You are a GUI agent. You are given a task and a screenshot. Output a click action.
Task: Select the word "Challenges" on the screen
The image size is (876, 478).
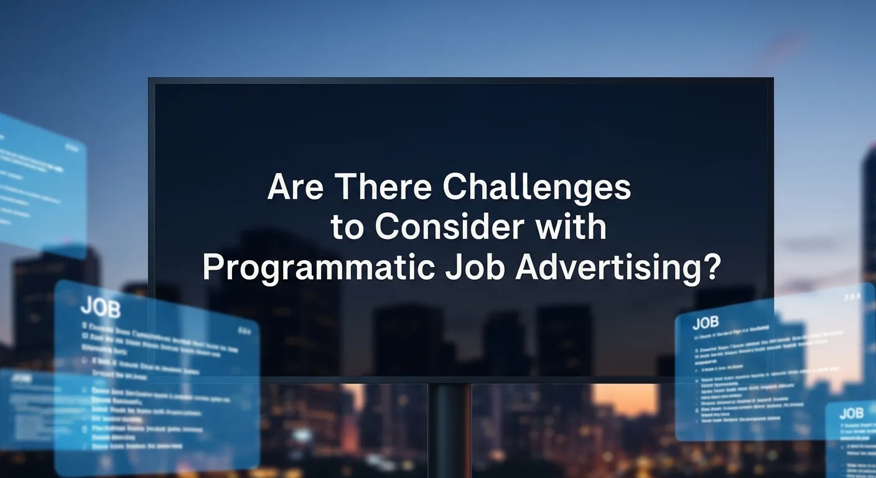(x=536, y=188)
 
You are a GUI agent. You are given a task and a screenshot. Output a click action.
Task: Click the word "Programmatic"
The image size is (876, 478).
(x=319, y=269)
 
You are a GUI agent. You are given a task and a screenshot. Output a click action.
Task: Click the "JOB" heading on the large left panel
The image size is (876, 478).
(x=100, y=307)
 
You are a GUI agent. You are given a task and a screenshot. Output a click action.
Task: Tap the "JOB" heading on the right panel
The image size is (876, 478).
(x=706, y=322)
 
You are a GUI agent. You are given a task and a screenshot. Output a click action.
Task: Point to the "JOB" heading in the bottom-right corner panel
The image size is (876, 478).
(x=851, y=413)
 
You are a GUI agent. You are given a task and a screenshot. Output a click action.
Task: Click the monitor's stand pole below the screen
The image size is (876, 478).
(x=450, y=429)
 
